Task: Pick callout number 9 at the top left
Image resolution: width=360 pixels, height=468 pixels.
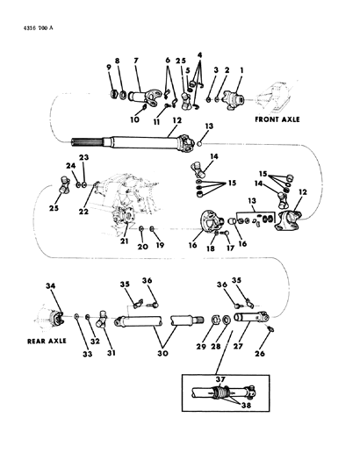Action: [110, 68]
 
